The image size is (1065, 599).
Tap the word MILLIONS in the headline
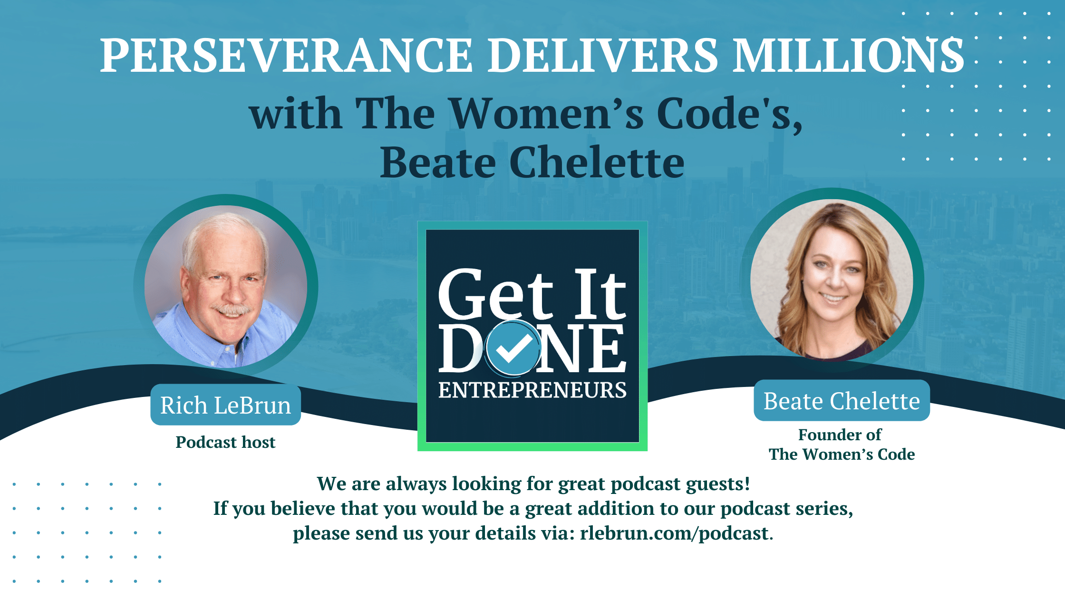pyautogui.click(x=848, y=56)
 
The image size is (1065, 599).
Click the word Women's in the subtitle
pyautogui.click(x=547, y=114)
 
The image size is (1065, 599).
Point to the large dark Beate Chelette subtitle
pyautogui.click(x=532, y=163)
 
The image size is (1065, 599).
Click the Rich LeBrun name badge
pyautogui.click(x=225, y=406)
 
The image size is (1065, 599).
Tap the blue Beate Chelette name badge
pyautogui.click(x=842, y=401)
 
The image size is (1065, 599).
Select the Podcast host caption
pyautogui.click(x=225, y=443)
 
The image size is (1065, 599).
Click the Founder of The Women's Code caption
pyautogui.click(x=842, y=444)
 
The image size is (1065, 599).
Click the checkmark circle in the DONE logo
pyautogui.click(x=513, y=348)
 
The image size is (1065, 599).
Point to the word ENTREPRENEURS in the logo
pyautogui.click(x=532, y=390)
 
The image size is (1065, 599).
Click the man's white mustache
pyautogui.click(x=232, y=309)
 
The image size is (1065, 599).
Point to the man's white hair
pyautogui.click(x=223, y=233)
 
